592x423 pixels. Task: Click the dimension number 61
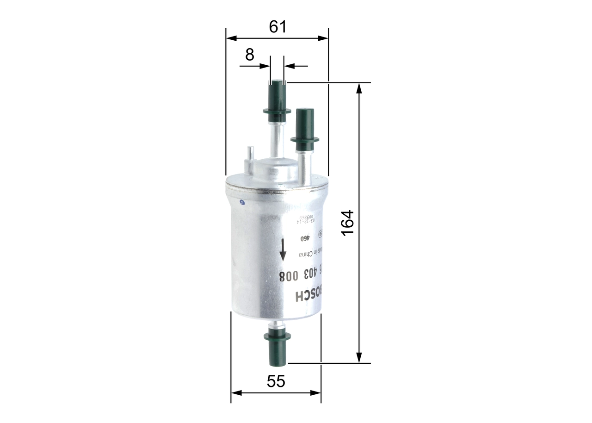[277, 27]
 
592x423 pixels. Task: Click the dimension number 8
[250, 55]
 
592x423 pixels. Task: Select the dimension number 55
[276, 381]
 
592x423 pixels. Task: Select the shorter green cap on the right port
[305, 130]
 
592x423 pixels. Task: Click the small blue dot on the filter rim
[241, 202]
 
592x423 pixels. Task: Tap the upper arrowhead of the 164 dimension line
[359, 88]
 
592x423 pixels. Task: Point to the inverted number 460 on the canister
[305, 238]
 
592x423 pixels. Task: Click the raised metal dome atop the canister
[276, 169]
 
